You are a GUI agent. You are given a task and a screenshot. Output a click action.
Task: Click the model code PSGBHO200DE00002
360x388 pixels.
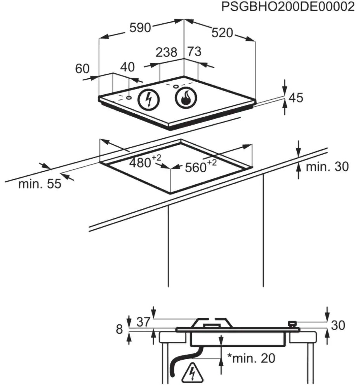[288, 7]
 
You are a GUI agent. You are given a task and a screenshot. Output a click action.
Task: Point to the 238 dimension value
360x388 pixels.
[167, 52]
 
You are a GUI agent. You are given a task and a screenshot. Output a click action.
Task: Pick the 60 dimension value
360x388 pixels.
[82, 69]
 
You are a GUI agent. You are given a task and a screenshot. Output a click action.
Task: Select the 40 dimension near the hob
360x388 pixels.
[127, 67]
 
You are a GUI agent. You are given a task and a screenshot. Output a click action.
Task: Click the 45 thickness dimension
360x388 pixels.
[296, 98]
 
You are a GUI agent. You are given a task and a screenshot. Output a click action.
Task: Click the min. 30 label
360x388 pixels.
[327, 167]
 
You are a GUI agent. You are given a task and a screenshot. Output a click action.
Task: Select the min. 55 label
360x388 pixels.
[40, 184]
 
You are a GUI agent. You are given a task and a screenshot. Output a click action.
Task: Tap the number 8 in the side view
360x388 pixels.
[119, 329]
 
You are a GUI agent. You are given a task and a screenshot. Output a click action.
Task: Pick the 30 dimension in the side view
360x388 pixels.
[338, 325]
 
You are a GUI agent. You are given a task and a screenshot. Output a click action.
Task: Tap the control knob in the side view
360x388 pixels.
[292, 324]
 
